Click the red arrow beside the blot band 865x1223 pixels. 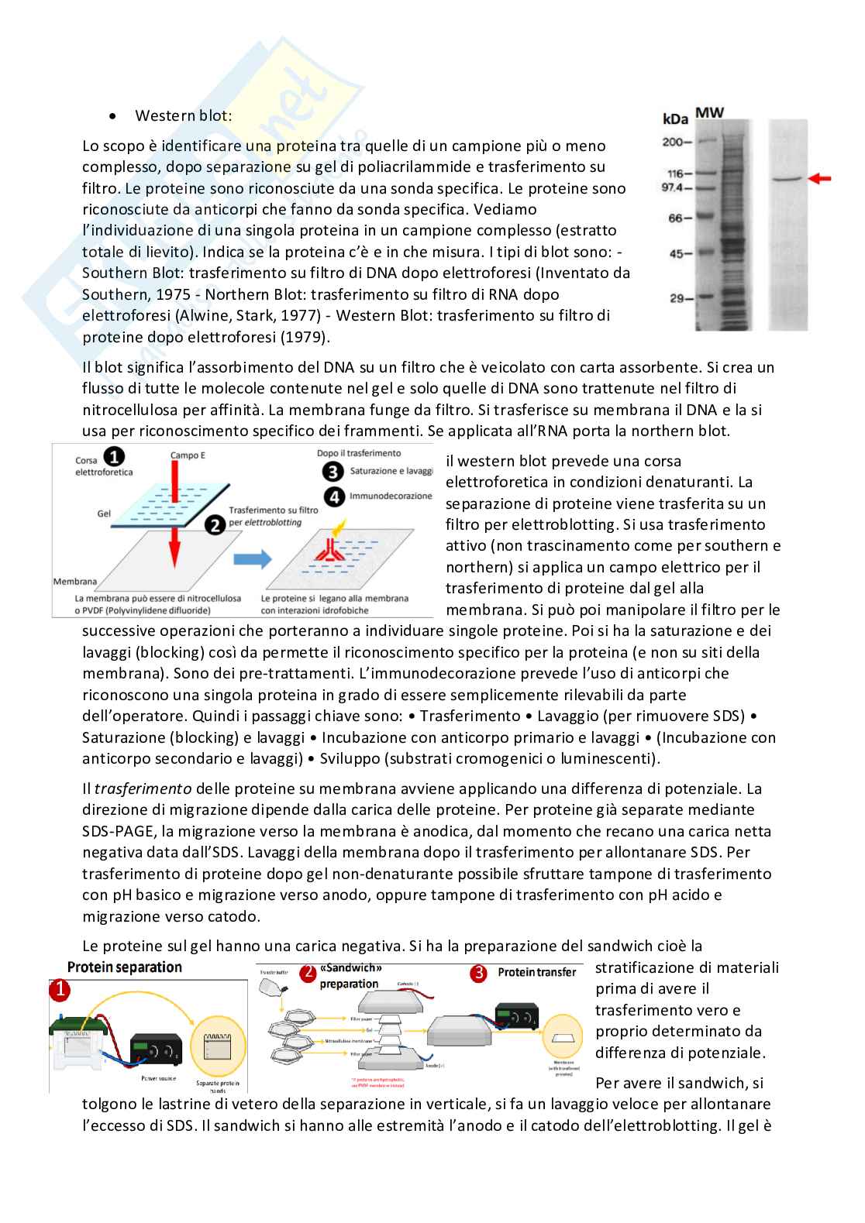819,179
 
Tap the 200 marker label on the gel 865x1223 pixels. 674,142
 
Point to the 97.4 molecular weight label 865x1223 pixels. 674,188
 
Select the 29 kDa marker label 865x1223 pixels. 678,297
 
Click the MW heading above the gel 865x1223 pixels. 709,113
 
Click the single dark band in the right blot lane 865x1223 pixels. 787,180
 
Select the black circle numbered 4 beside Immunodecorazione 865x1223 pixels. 335,496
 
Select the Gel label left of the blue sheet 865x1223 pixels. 104,513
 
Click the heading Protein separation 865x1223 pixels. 125,967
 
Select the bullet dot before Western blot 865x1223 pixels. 114,117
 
